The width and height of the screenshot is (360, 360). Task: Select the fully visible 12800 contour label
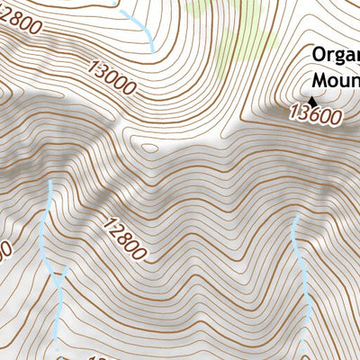tap(123, 238)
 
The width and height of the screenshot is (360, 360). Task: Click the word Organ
tap(336, 56)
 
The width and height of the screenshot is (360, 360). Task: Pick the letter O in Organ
tap(319, 55)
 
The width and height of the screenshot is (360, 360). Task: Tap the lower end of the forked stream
tap(58, 342)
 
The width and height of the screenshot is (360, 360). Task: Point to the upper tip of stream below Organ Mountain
tap(294, 218)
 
